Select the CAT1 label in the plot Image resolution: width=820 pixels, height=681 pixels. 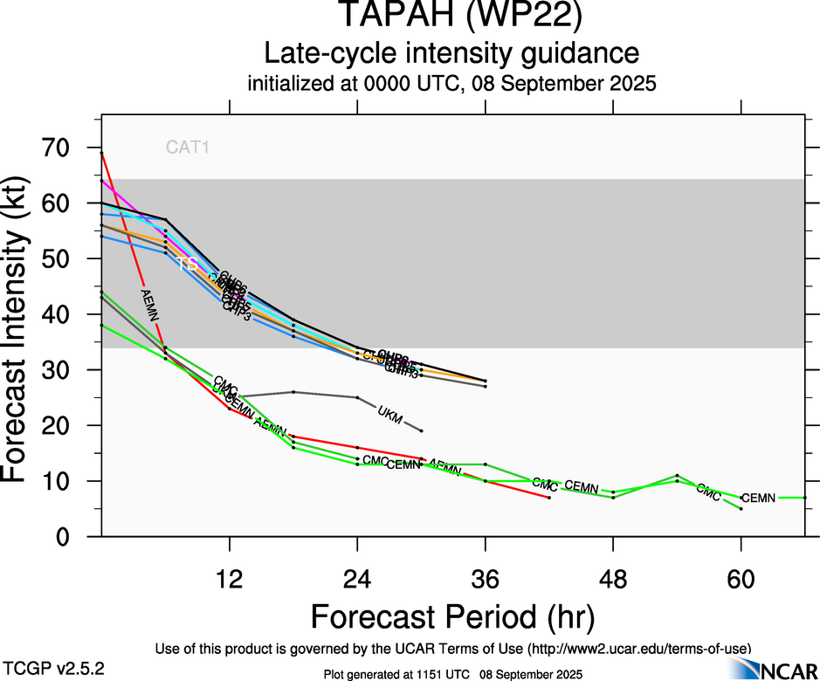click(x=188, y=148)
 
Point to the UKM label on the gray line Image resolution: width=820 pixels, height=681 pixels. click(x=390, y=414)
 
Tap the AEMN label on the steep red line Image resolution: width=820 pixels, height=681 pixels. click(x=151, y=306)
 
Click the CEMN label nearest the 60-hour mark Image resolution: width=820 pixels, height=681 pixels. click(x=757, y=498)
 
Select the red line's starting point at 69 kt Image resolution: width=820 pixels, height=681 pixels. click(x=102, y=154)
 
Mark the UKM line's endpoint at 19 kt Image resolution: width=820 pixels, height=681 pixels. click(x=422, y=431)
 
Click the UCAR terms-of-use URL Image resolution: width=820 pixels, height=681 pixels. click(x=637, y=649)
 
